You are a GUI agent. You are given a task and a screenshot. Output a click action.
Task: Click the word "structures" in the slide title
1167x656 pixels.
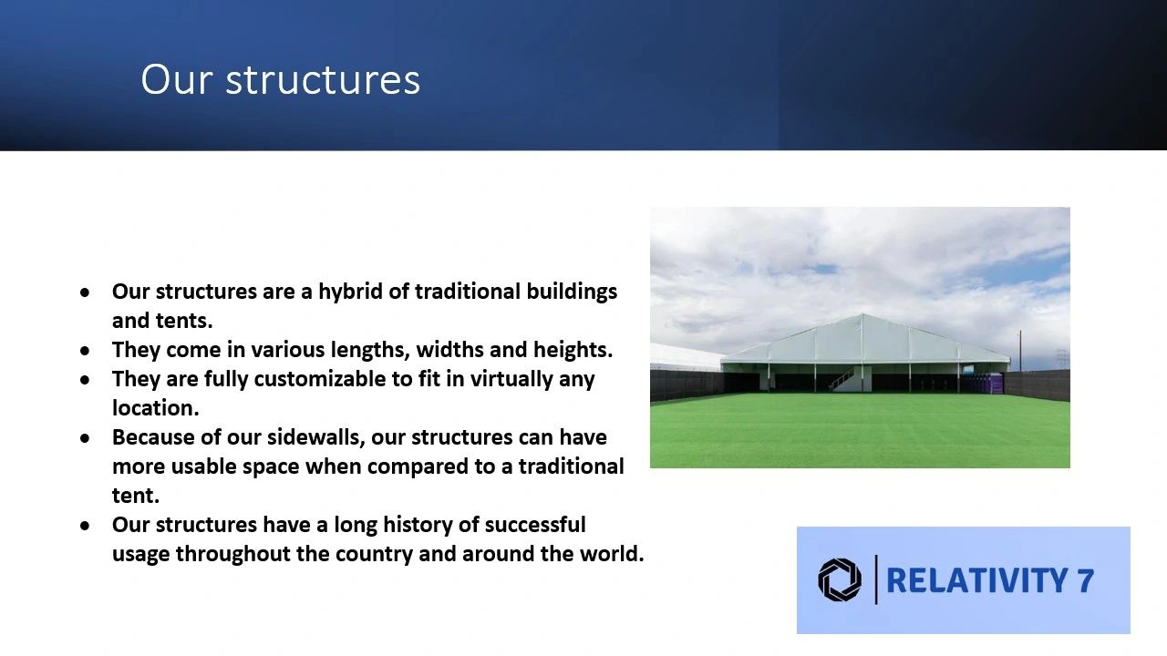pos(323,80)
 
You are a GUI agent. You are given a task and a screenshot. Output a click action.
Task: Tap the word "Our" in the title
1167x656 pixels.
pos(177,80)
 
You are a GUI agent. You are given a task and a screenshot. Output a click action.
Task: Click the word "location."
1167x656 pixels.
pos(156,407)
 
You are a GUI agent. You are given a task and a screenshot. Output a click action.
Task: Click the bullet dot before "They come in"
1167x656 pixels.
pos(85,351)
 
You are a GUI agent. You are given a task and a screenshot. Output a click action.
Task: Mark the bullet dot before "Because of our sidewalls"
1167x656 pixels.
pos(85,438)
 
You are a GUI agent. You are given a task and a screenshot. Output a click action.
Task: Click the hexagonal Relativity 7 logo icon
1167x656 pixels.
pos(840,580)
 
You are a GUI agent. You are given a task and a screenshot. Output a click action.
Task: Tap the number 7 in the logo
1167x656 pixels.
pos(1085,580)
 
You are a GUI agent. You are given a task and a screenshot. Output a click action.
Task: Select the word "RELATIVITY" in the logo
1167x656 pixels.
pos(976,580)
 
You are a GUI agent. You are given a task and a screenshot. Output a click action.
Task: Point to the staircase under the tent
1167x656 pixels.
pos(842,380)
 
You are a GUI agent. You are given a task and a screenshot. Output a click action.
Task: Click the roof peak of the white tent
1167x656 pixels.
pos(862,314)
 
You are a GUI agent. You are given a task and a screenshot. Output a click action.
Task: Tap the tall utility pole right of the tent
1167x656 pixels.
pos(1020,351)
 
